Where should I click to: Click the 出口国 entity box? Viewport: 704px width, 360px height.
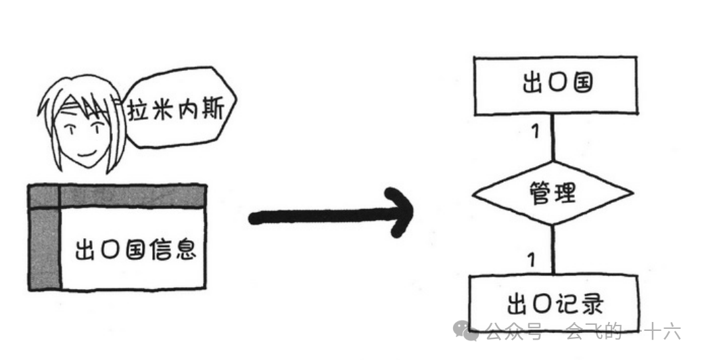(x=555, y=85)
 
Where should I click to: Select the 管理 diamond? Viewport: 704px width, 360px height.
(x=553, y=194)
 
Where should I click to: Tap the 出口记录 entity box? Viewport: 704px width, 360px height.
(x=553, y=304)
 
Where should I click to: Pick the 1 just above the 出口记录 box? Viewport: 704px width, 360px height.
(x=532, y=258)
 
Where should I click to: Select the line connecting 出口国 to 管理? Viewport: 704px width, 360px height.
(x=554, y=139)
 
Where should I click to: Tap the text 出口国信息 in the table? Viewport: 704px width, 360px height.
(x=135, y=249)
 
